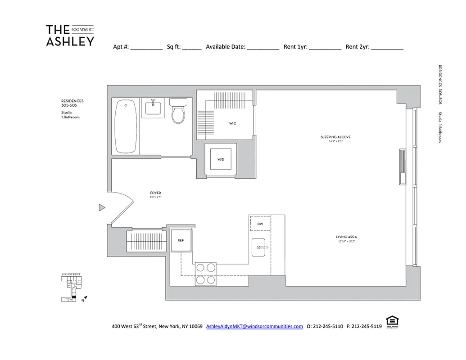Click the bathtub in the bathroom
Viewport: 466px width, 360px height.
pos(126,126)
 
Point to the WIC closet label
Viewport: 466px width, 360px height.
pos(232,123)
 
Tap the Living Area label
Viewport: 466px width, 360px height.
pos(346,237)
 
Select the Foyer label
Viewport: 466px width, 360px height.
pos(155,193)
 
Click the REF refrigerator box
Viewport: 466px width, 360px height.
pos(181,240)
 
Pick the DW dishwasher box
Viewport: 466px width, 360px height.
pos(260,224)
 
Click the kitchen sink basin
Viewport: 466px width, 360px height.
pos(260,247)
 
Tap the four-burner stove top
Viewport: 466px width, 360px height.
pos(205,273)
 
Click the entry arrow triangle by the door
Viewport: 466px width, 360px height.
pos(102,207)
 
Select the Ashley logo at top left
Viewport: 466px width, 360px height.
pos(70,36)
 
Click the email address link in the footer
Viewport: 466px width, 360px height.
pos(254,326)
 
